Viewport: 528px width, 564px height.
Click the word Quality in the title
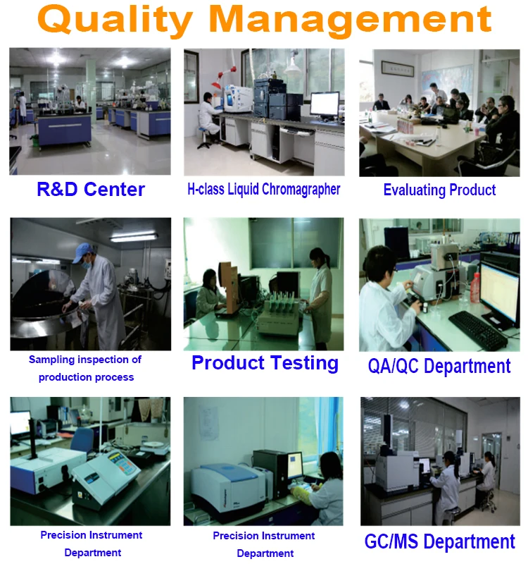tap(115, 20)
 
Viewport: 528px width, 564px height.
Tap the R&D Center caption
tap(91, 189)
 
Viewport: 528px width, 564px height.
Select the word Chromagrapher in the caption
tap(301, 190)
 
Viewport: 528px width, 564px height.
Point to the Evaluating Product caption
tap(439, 190)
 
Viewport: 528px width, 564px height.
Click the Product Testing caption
tap(265, 362)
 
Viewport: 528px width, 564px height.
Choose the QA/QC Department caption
tap(439, 366)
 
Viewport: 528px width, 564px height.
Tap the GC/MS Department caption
tap(439, 541)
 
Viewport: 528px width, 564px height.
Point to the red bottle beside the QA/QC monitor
tap(474, 288)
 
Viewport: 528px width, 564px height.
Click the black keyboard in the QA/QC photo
tap(477, 329)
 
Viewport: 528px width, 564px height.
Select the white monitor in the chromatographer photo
tap(325, 105)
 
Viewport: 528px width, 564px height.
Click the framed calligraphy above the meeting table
tap(397, 68)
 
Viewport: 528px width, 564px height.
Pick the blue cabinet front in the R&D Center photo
tap(65, 130)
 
